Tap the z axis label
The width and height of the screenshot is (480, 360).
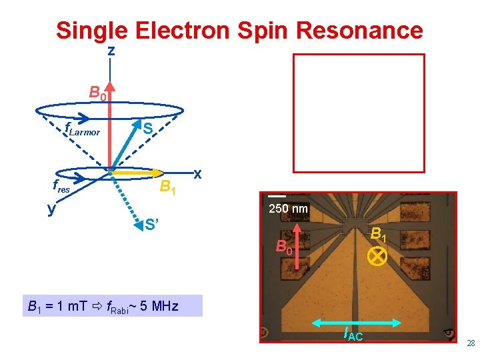click(x=111, y=51)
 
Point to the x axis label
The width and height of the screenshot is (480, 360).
click(x=197, y=174)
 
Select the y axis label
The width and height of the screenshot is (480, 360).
click(x=51, y=208)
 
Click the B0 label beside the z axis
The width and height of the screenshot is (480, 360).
click(x=98, y=93)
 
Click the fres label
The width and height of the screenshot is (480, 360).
click(x=61, y=188)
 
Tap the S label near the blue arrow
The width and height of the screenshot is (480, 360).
click(x=148, y=127)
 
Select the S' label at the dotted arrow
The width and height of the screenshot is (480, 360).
click(x=153, y=223)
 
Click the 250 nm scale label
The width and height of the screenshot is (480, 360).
click(x=288, y=209)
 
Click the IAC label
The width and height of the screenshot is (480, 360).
click(x=353, y=334)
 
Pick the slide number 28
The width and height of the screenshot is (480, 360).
click(x=471, y=343)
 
